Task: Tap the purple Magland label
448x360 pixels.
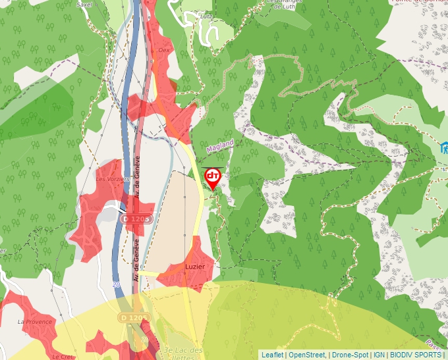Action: pyautogui.click(x=220, y=146)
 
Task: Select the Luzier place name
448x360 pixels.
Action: pyautogui.click(x=195, y=267)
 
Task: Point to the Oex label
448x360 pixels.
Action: pyautogui.click(x=164, y=49)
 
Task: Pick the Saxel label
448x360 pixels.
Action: pyautogui.click(x=84, y=4)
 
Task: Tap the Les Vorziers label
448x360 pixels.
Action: pyautogui.click(x=109, y=178)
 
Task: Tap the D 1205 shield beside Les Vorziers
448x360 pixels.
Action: pyautogui.click(x=137, y=218)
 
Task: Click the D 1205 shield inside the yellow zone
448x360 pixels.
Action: pyautogui.click(x=135, y=318)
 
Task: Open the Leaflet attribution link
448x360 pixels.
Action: pyautogui.click(x=272, y=355)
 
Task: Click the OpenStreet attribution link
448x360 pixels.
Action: pyautogui.click(x=308, y=355)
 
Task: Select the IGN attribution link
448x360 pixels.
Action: pyautogui.click(x=379, y=355)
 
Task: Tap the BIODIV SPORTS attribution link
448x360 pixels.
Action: pyautogui.click(x=416, y=355)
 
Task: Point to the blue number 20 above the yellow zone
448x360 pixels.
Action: pyautogui.click(x=116, y=284)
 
